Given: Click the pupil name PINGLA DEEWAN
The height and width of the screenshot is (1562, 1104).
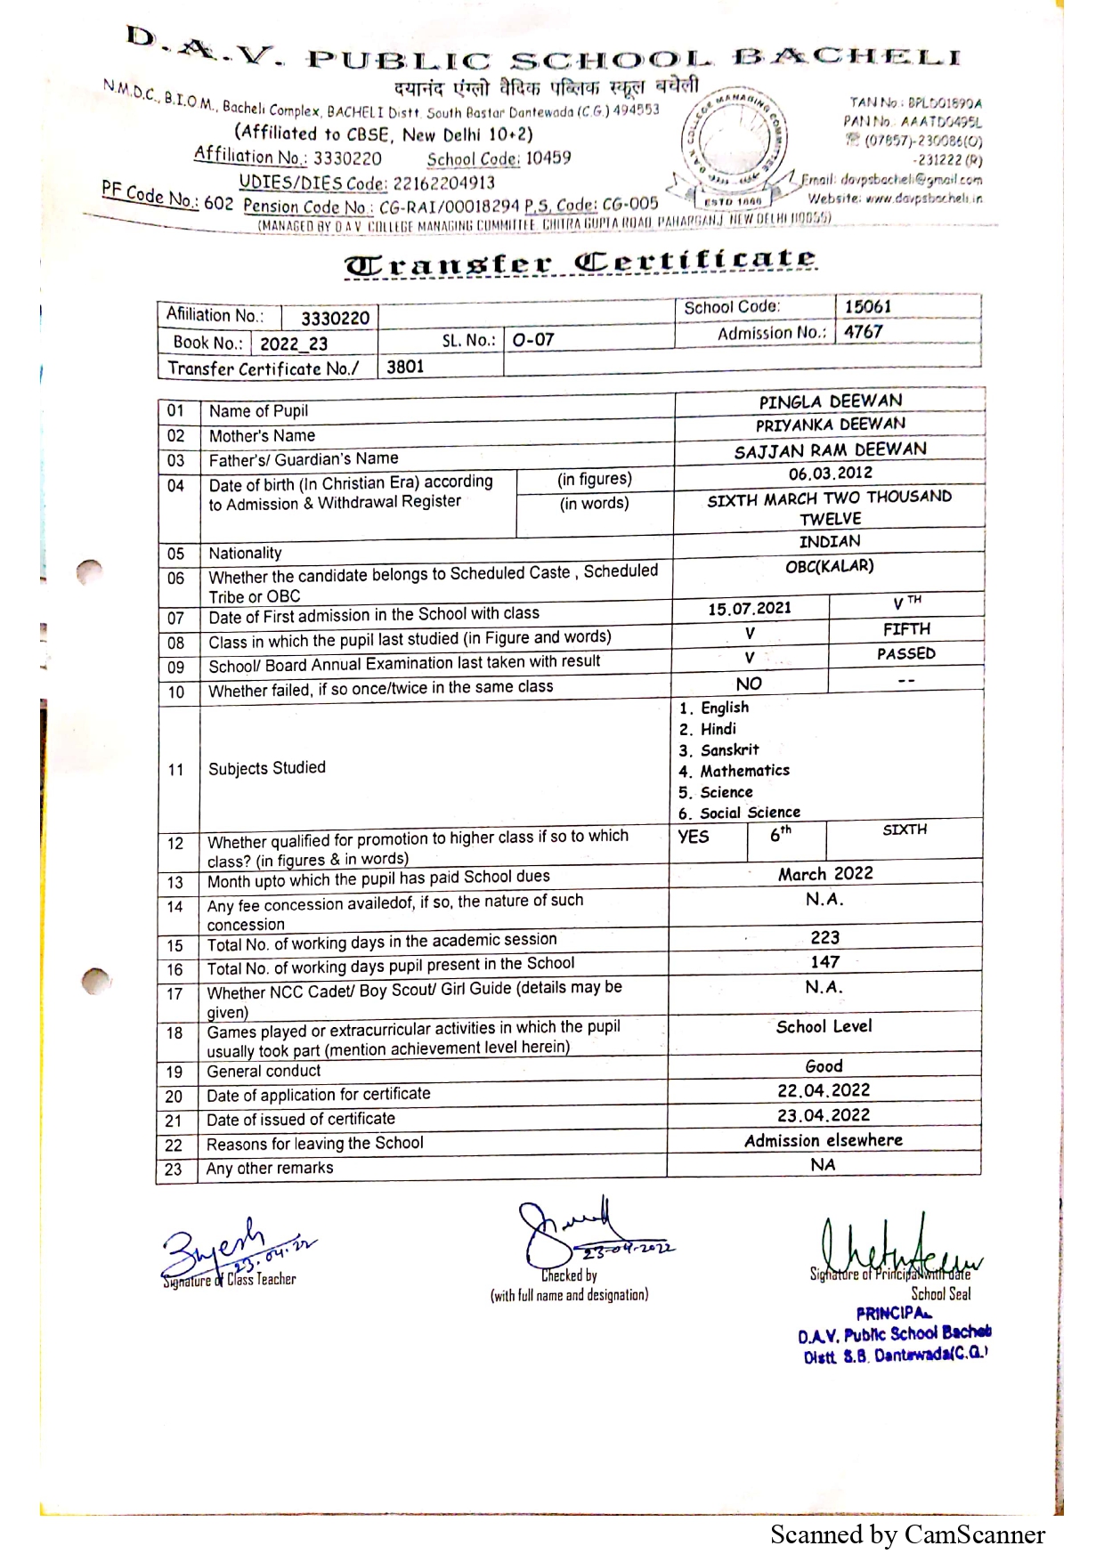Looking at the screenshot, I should pos(830,401).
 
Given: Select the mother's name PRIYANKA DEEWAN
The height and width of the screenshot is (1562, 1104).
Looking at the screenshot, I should pos(830,425).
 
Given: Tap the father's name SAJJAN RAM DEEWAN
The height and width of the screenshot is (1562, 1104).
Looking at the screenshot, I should pos(830,450).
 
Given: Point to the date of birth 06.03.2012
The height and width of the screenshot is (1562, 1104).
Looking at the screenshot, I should pos(830,473).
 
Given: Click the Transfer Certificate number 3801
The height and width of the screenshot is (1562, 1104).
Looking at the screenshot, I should pos(405,367).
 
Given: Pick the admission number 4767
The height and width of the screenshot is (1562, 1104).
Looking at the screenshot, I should pos(863,332).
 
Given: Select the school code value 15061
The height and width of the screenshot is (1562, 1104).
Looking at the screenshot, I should pos(867,307).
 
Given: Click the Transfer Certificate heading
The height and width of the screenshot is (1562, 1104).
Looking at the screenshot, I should pos(580,263).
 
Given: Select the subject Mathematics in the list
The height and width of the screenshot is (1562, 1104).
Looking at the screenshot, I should pos(744,771).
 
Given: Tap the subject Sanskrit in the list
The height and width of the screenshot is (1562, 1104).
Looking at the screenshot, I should pos(729,750).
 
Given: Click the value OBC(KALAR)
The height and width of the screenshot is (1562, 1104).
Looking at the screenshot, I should pos(829,566).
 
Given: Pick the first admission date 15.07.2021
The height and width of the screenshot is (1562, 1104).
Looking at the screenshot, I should pos(749,609).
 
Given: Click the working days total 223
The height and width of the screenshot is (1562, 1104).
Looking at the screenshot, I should pos(824,937).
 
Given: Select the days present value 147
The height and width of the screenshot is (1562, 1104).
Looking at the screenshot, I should pos(824,962).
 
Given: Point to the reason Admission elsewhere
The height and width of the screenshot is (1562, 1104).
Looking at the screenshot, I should pos(824,1140).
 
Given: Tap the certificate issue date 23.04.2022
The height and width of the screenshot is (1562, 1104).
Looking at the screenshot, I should pos(824,1115).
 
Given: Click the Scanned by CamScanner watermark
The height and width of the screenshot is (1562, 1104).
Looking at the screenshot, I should pos(907,1535).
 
